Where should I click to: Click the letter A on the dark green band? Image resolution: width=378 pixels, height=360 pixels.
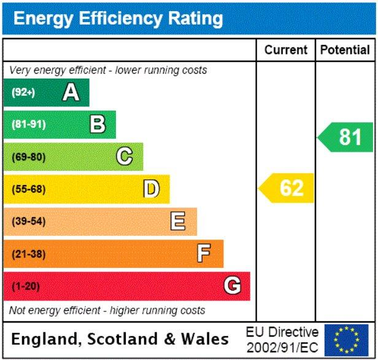click(71, 93)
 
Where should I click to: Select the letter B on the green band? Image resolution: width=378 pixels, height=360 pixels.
click(98, 125)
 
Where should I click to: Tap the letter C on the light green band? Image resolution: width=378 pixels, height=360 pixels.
click(125, 157)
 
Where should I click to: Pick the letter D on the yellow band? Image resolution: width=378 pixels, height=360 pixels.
click(151, 189)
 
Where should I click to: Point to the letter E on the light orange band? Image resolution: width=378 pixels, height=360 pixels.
click(178, 221)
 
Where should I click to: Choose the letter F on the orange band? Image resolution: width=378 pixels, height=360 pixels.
click(204, 254)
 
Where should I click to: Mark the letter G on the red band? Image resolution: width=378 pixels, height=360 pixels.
click(232, 286)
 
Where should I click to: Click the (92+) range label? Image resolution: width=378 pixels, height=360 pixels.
click(24, 93)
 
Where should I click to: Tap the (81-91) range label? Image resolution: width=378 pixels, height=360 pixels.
click(28, 125)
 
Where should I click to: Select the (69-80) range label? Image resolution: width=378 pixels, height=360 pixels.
click(28, 157)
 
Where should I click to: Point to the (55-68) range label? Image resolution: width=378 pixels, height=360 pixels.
click(28, 189)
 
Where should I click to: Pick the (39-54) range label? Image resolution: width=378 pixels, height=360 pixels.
click(28, 221)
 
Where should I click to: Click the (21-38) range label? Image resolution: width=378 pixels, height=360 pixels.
click(28, 254)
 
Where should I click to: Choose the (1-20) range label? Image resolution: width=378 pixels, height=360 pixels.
click(25, 286)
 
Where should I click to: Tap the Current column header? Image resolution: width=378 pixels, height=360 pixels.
click(286, 50)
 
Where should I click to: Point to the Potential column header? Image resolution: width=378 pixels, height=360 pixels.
click(345, 50)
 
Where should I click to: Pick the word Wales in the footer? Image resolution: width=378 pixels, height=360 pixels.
click(206, 339)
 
